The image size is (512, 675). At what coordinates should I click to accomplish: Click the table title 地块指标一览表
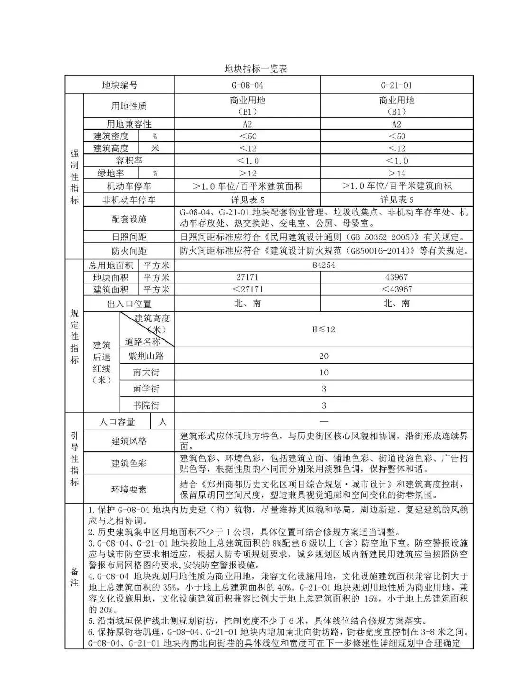(x=256, y=69)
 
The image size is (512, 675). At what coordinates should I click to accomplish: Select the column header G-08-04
(x=247, y=85)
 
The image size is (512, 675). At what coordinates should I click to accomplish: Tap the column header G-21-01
(x=396, y=85)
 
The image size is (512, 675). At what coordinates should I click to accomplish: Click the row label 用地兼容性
(x=128, y=124)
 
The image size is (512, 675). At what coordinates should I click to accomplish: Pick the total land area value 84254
(x=324, y=265)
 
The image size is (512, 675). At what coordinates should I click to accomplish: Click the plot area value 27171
(x=247, y=277)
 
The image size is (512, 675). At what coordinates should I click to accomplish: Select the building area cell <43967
(x=396, y=289)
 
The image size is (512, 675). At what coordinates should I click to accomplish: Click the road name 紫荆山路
(x=146, y=356)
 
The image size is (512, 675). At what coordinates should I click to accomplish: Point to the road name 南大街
(x=146, y=373)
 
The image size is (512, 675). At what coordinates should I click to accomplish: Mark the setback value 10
(x=324, y=373)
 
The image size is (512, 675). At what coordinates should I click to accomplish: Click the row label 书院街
(x=146, y=405)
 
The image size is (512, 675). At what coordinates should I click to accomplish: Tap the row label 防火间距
(x=128, y=251)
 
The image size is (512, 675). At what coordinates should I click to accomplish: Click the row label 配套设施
(x=128, y=219)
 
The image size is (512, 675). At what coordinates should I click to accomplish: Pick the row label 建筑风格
(x=128, y=441)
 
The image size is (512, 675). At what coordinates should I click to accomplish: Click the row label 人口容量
(x=117, y=421)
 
